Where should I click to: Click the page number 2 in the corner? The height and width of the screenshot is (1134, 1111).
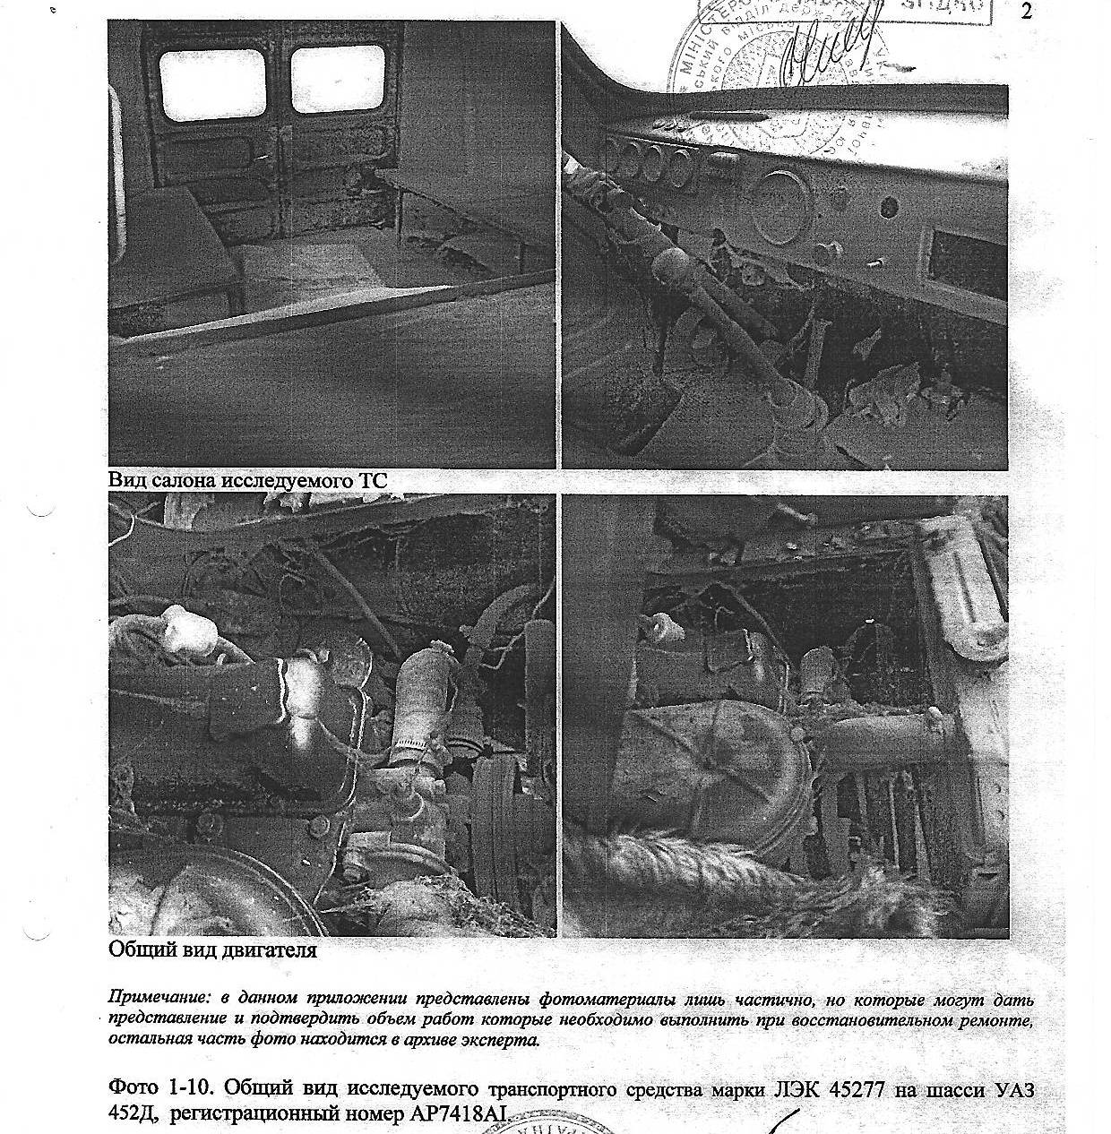[1026, 12]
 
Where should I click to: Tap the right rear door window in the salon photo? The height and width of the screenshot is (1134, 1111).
[337, 80]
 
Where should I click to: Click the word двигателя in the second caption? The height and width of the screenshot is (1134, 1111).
[269, 949]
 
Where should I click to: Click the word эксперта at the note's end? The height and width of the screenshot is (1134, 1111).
[508, 1040]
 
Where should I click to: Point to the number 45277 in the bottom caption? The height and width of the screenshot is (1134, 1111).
[846, 1089]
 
